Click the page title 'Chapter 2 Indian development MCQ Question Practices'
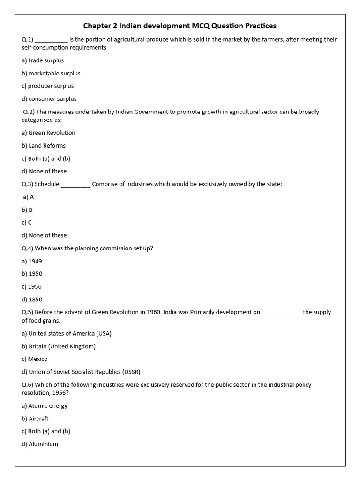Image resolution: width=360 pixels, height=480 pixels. (x=180, y=25)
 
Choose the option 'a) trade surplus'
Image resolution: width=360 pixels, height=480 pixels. (x=43, y=60)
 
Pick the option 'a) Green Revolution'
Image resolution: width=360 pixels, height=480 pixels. (x=48, y=133)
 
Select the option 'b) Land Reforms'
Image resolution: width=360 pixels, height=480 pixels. (x=44, y=146)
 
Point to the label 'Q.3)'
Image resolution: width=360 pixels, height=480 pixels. (x=27, y=184)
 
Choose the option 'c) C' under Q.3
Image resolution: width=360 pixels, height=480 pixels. (x=27, y=223)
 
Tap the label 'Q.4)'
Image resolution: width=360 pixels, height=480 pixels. (x=27, y=248)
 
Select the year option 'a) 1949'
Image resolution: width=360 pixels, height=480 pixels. (x=32, y=261)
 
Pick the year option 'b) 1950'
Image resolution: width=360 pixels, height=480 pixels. (x=32, y=274)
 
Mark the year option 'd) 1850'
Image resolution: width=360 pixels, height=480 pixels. (x=32, y=300)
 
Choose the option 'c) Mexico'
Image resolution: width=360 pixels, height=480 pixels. (x=35, y=359)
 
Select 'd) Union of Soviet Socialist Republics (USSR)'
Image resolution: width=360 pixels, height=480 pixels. (x=81, y=372)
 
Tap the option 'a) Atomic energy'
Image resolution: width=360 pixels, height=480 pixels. (x=45, y=406)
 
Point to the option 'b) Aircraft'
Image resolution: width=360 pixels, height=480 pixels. (x=35, y=419)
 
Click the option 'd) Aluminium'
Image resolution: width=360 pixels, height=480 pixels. (x=40, y=444)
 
